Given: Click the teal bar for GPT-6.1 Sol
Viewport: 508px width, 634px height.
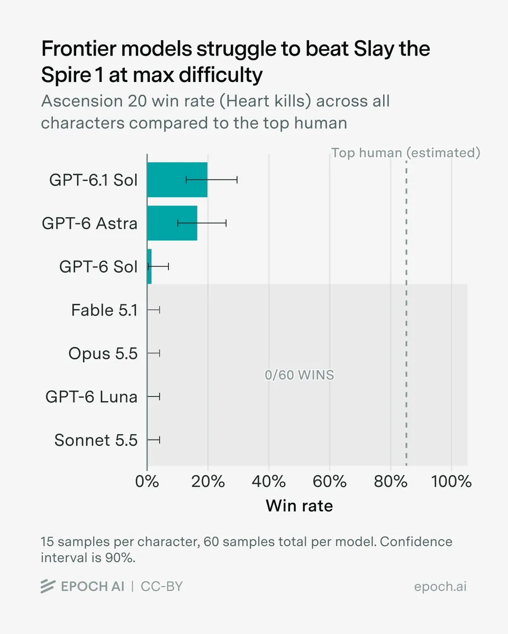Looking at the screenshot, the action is pos(177,180).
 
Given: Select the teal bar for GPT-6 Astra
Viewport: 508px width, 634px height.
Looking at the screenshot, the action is pos(172,223).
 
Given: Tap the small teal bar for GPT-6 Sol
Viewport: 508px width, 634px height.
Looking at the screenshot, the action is pos(149,266).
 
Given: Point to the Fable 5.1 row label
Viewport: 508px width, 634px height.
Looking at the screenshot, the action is pos(104,310).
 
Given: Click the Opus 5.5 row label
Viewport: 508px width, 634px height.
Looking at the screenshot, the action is pos(103,353).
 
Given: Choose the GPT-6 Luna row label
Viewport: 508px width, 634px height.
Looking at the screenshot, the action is pos(91,397).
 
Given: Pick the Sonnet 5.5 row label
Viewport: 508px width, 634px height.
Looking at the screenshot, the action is pos(96,440).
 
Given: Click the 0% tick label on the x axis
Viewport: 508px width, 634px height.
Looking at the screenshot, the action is pos(147,482).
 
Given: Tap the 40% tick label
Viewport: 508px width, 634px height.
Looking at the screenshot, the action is pos(269,482).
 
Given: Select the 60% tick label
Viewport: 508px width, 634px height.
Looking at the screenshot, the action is pos(330,482).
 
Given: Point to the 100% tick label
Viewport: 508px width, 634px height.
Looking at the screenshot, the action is pos(451,482).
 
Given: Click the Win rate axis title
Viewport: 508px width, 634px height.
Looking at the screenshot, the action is pos(300,506).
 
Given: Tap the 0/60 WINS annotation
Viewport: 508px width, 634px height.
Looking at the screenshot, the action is pos(300,375).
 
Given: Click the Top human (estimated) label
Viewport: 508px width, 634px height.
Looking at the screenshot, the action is pos(405,153).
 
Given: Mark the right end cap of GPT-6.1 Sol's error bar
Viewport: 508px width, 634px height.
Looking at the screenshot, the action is pos(237,180).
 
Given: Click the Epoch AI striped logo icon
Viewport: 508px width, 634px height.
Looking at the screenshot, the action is pos(48,586).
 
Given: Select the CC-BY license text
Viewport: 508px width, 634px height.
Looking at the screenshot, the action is pos(162,586).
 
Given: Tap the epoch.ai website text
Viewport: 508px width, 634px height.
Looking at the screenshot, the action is pos(440,587).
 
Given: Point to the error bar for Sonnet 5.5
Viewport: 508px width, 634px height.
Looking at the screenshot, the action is pos(153,440).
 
